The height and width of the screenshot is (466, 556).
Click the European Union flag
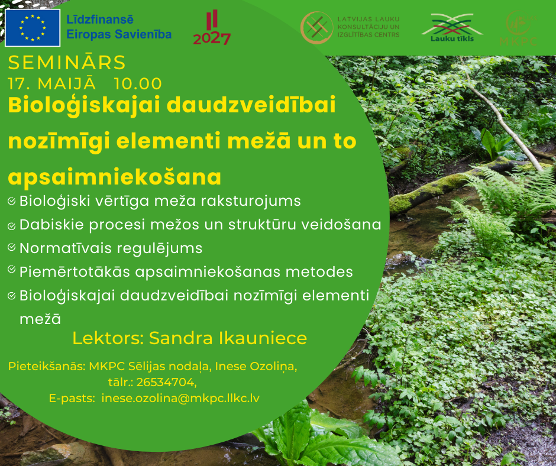click(33, 28)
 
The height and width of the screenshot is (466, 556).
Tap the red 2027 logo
click(212, 28)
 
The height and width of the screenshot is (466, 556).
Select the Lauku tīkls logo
click(452, 28)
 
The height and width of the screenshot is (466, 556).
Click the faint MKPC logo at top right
click(518, 28)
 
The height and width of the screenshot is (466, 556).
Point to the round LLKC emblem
click(316, 28)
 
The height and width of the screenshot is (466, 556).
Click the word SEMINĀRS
click(67, 63)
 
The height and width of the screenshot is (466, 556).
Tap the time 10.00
click(138, 84)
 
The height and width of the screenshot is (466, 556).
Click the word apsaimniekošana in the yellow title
click(115, 177)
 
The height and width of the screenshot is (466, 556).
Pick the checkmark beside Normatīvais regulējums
click(12, 248)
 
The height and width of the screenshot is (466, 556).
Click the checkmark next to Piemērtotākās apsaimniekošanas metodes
click(12, 270)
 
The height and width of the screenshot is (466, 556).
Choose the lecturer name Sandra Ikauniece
click(228, 338)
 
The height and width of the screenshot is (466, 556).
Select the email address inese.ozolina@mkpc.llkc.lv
click(180, 398)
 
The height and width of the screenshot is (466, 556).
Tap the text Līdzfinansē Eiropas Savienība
click(119, 27)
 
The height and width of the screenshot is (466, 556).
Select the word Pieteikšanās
click(46, 366)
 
